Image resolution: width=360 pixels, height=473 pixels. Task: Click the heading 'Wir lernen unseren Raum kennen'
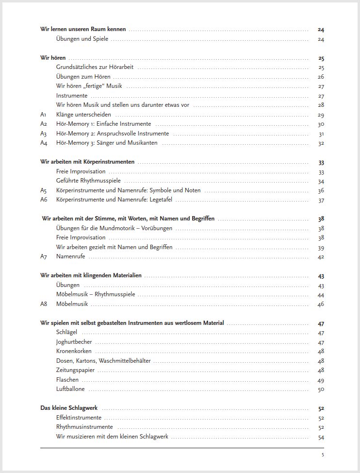tap(83, 29)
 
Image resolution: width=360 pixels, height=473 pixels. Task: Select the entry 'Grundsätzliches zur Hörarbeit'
tap(95, 67)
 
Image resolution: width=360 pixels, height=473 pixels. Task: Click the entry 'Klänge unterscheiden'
tap(83, 115)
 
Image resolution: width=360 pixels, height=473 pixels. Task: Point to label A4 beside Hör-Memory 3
tap(44, 143)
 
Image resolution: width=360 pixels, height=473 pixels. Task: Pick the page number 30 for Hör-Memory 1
tap(321, 124)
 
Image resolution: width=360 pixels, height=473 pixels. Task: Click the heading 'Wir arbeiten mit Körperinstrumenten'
tap(87, 162)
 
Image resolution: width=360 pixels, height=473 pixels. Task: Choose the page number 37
tap(321, 200)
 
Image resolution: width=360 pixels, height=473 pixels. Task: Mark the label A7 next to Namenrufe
tap(44, 256)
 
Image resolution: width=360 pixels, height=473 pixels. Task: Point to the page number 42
tap(321, 257)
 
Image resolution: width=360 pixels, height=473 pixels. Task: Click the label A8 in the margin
tap(44, 304)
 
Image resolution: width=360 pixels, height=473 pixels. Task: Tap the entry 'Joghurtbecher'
tap(74, 342)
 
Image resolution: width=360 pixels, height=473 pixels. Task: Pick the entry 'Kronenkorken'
tap(74, 351)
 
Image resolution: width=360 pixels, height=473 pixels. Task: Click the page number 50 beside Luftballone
tap(321, 389)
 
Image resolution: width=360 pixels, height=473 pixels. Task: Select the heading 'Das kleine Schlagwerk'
tap(69, 408)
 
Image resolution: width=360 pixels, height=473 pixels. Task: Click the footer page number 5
tap(323, 455)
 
